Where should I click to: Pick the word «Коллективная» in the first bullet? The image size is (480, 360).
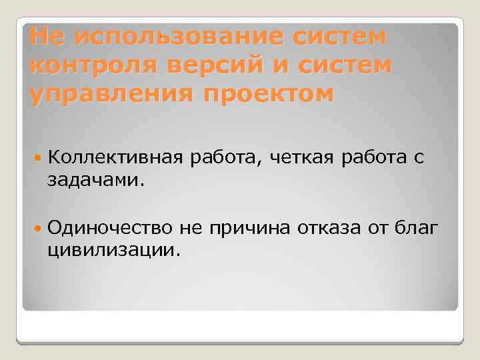pyautogui.click(x=115, y=157)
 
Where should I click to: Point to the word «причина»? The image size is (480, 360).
pyautogui.click(x=248, y=228)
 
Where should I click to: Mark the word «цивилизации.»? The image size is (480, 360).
pyautogui.click(x=113, y=251)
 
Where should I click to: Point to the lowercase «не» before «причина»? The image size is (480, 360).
pyautogui.click(x=193, y=228)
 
